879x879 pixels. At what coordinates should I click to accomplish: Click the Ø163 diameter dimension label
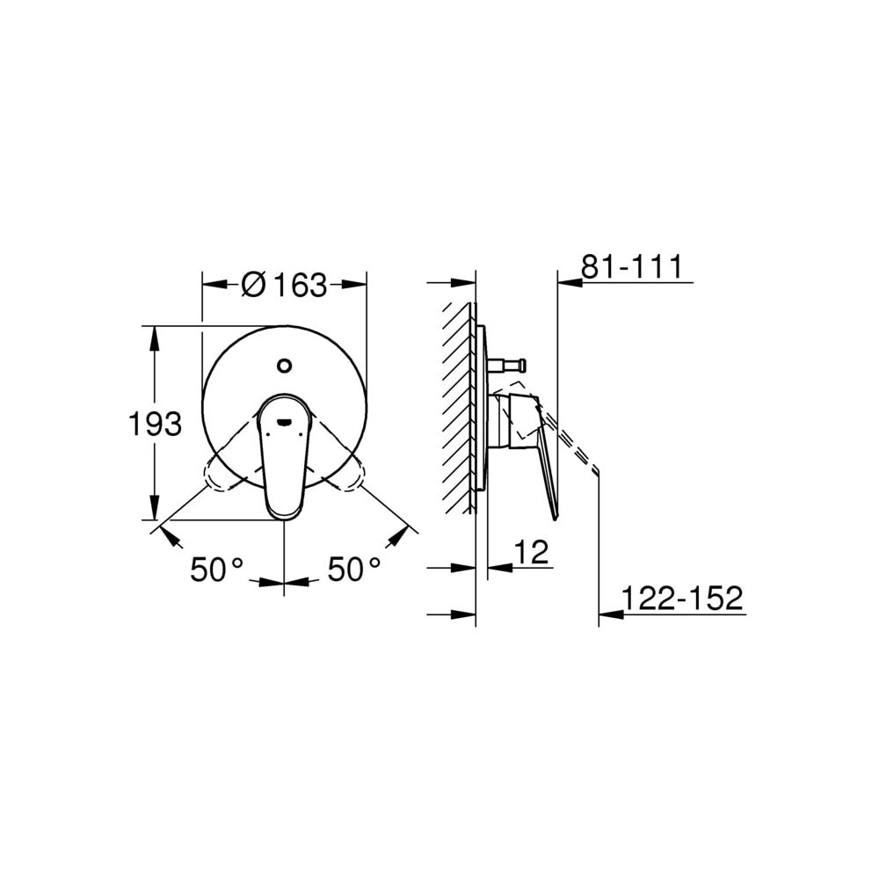click(x=284, y=285)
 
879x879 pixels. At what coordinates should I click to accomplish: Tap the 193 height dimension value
click(x=156, y=424)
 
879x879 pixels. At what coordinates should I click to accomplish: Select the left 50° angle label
click(x=217, y=570)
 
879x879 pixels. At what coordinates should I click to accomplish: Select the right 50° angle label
click(x=353, y=570)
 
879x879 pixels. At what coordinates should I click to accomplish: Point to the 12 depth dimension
click(x=531, y=553)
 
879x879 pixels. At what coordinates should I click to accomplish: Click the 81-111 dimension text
click(x=632, y=267)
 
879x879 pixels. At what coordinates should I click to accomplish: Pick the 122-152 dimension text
click(x=682, y=598)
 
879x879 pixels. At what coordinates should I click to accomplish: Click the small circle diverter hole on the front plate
click(x=285, y=366)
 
